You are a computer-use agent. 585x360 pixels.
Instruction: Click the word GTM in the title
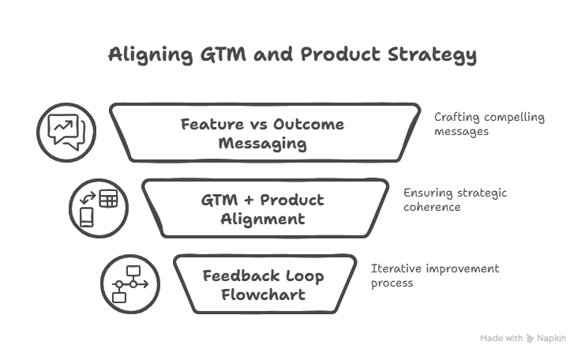(223, 54)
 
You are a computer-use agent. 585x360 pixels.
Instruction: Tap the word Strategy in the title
(432, 55)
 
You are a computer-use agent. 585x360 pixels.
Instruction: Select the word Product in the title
(340, 54)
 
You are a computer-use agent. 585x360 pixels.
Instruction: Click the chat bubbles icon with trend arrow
(66, 132)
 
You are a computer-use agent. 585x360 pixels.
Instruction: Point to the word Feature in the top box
(212, 124)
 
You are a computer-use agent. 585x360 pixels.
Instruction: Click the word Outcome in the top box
(309, 124)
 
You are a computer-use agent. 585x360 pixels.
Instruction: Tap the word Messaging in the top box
(263, 144)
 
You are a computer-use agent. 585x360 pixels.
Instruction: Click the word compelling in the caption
(514, 118)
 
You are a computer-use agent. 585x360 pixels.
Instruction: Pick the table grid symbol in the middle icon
(109, 198)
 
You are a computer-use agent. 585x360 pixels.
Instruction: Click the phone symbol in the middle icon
(87, 217)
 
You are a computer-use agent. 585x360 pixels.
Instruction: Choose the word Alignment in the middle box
(263, 219)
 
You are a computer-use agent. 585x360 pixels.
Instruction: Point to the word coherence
(432, 207)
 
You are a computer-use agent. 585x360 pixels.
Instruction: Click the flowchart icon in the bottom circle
(130, 284)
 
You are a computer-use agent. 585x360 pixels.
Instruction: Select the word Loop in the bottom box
(305, 276)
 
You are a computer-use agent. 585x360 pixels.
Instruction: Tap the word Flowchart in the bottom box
(264, 294)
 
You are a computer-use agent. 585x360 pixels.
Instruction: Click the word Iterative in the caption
(396, 268)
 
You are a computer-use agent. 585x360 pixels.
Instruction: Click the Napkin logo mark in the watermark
(530, 339)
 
